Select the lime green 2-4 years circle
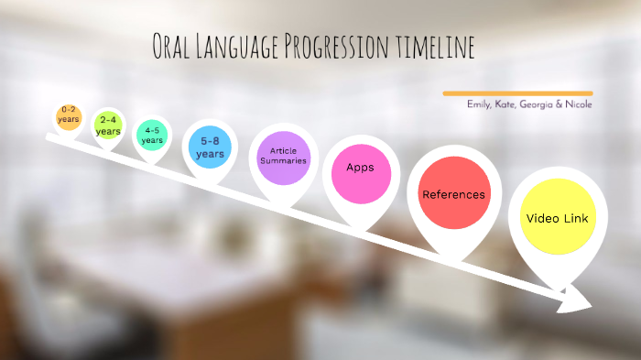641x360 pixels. pyautogui.click(x=108, y=125)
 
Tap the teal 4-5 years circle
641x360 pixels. pyautogui.click(x=152, y=136)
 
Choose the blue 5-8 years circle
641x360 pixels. pyautogui.click(x=210, y=147)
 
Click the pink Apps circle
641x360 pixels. pyautogui.click(x=360, y=169)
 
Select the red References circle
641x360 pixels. pyautogui.click(x=452, y=195)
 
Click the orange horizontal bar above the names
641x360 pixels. pyautogui.click(x=517, y=93)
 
